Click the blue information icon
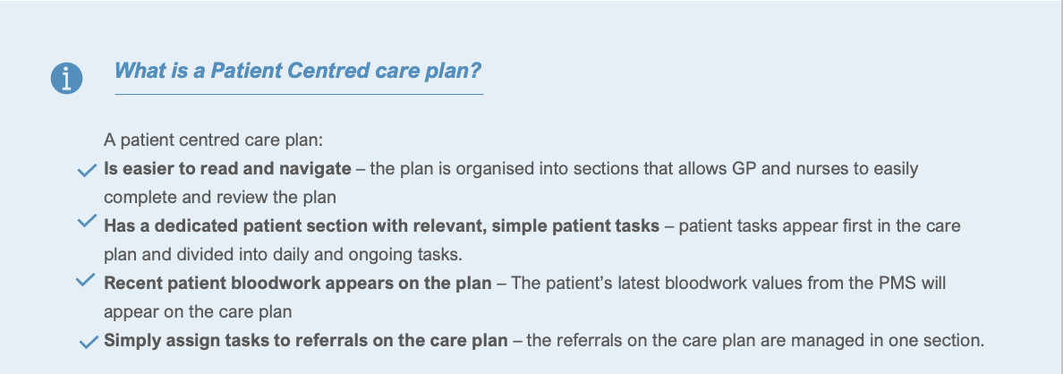[66, 78]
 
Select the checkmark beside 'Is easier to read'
[87, 171]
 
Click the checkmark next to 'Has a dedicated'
[87, 222]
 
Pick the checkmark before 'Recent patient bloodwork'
[85, 280]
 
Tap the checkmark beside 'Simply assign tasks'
[89, 343]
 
